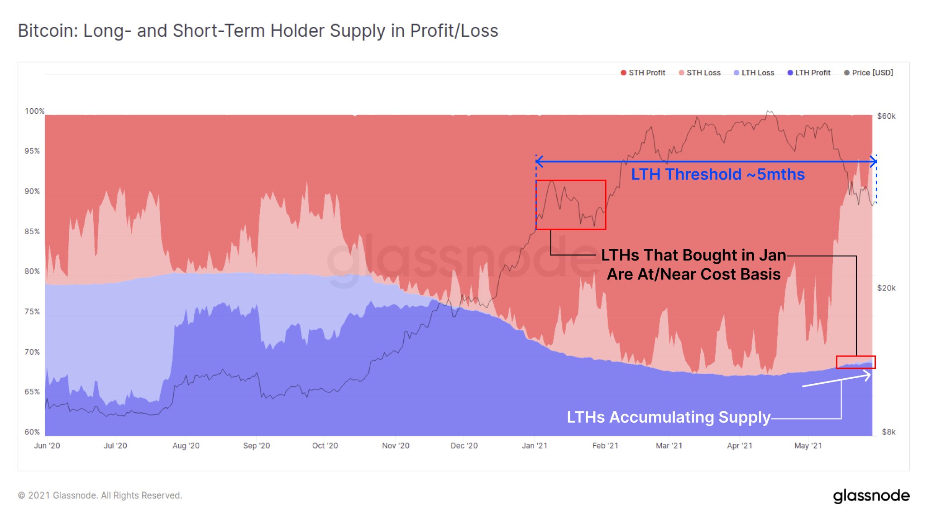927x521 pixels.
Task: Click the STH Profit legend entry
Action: (643, 72)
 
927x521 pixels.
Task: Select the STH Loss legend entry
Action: (700, 72)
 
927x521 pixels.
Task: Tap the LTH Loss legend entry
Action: (754, 72)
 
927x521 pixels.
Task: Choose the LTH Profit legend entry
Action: (809, 72)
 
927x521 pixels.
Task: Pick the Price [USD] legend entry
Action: (869, 72)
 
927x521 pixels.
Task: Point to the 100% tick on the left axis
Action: (34, 111)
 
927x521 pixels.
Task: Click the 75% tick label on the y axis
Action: (32, 312)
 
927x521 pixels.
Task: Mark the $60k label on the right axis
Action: (886, 116)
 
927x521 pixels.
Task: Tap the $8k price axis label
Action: (888, 432)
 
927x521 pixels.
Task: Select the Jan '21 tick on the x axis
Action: (534, 445)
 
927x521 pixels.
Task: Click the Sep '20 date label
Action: (256, 445)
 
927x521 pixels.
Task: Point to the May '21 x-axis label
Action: (808, 445)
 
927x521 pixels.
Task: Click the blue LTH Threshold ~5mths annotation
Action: (717, 174)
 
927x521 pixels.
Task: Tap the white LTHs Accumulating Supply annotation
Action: (668, 417)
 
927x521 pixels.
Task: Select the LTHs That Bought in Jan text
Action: (693, 256)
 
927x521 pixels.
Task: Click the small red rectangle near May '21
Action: (855, 362)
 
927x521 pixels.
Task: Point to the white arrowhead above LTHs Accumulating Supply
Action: (867, 376)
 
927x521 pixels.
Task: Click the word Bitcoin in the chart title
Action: (47, 31)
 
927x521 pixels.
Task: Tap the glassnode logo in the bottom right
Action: (871, 496)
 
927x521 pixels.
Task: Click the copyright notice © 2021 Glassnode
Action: (100, 495)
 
